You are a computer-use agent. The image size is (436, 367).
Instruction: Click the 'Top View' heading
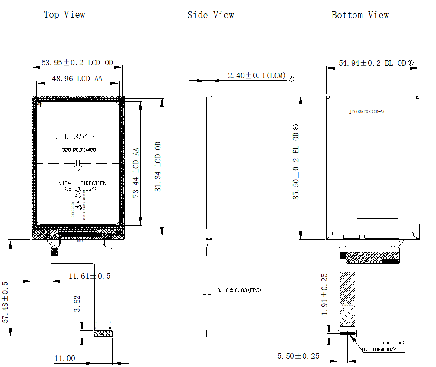click(64, 15)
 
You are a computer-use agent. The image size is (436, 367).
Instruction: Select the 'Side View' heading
click(211, 15)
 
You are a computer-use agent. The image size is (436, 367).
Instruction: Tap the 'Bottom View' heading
click(360, 15)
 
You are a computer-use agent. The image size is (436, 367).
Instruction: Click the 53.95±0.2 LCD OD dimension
click(77, 63)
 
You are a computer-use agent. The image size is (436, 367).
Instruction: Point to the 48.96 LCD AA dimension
click(77, 79)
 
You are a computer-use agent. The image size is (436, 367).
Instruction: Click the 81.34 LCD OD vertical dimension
click(158, 167)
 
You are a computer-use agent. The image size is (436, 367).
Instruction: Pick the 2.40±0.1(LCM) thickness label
click(257, 76)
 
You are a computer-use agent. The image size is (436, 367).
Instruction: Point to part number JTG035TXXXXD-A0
click(367, 112)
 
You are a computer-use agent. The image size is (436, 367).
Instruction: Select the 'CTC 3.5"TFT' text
click(78, 137)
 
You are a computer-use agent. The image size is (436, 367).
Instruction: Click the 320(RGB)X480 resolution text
click(78, 150)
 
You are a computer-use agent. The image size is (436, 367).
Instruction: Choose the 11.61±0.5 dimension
click(90, 276)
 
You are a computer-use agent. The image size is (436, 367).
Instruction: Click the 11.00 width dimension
click(64, 358)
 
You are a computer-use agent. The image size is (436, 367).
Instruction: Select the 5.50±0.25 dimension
click(298, 356)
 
